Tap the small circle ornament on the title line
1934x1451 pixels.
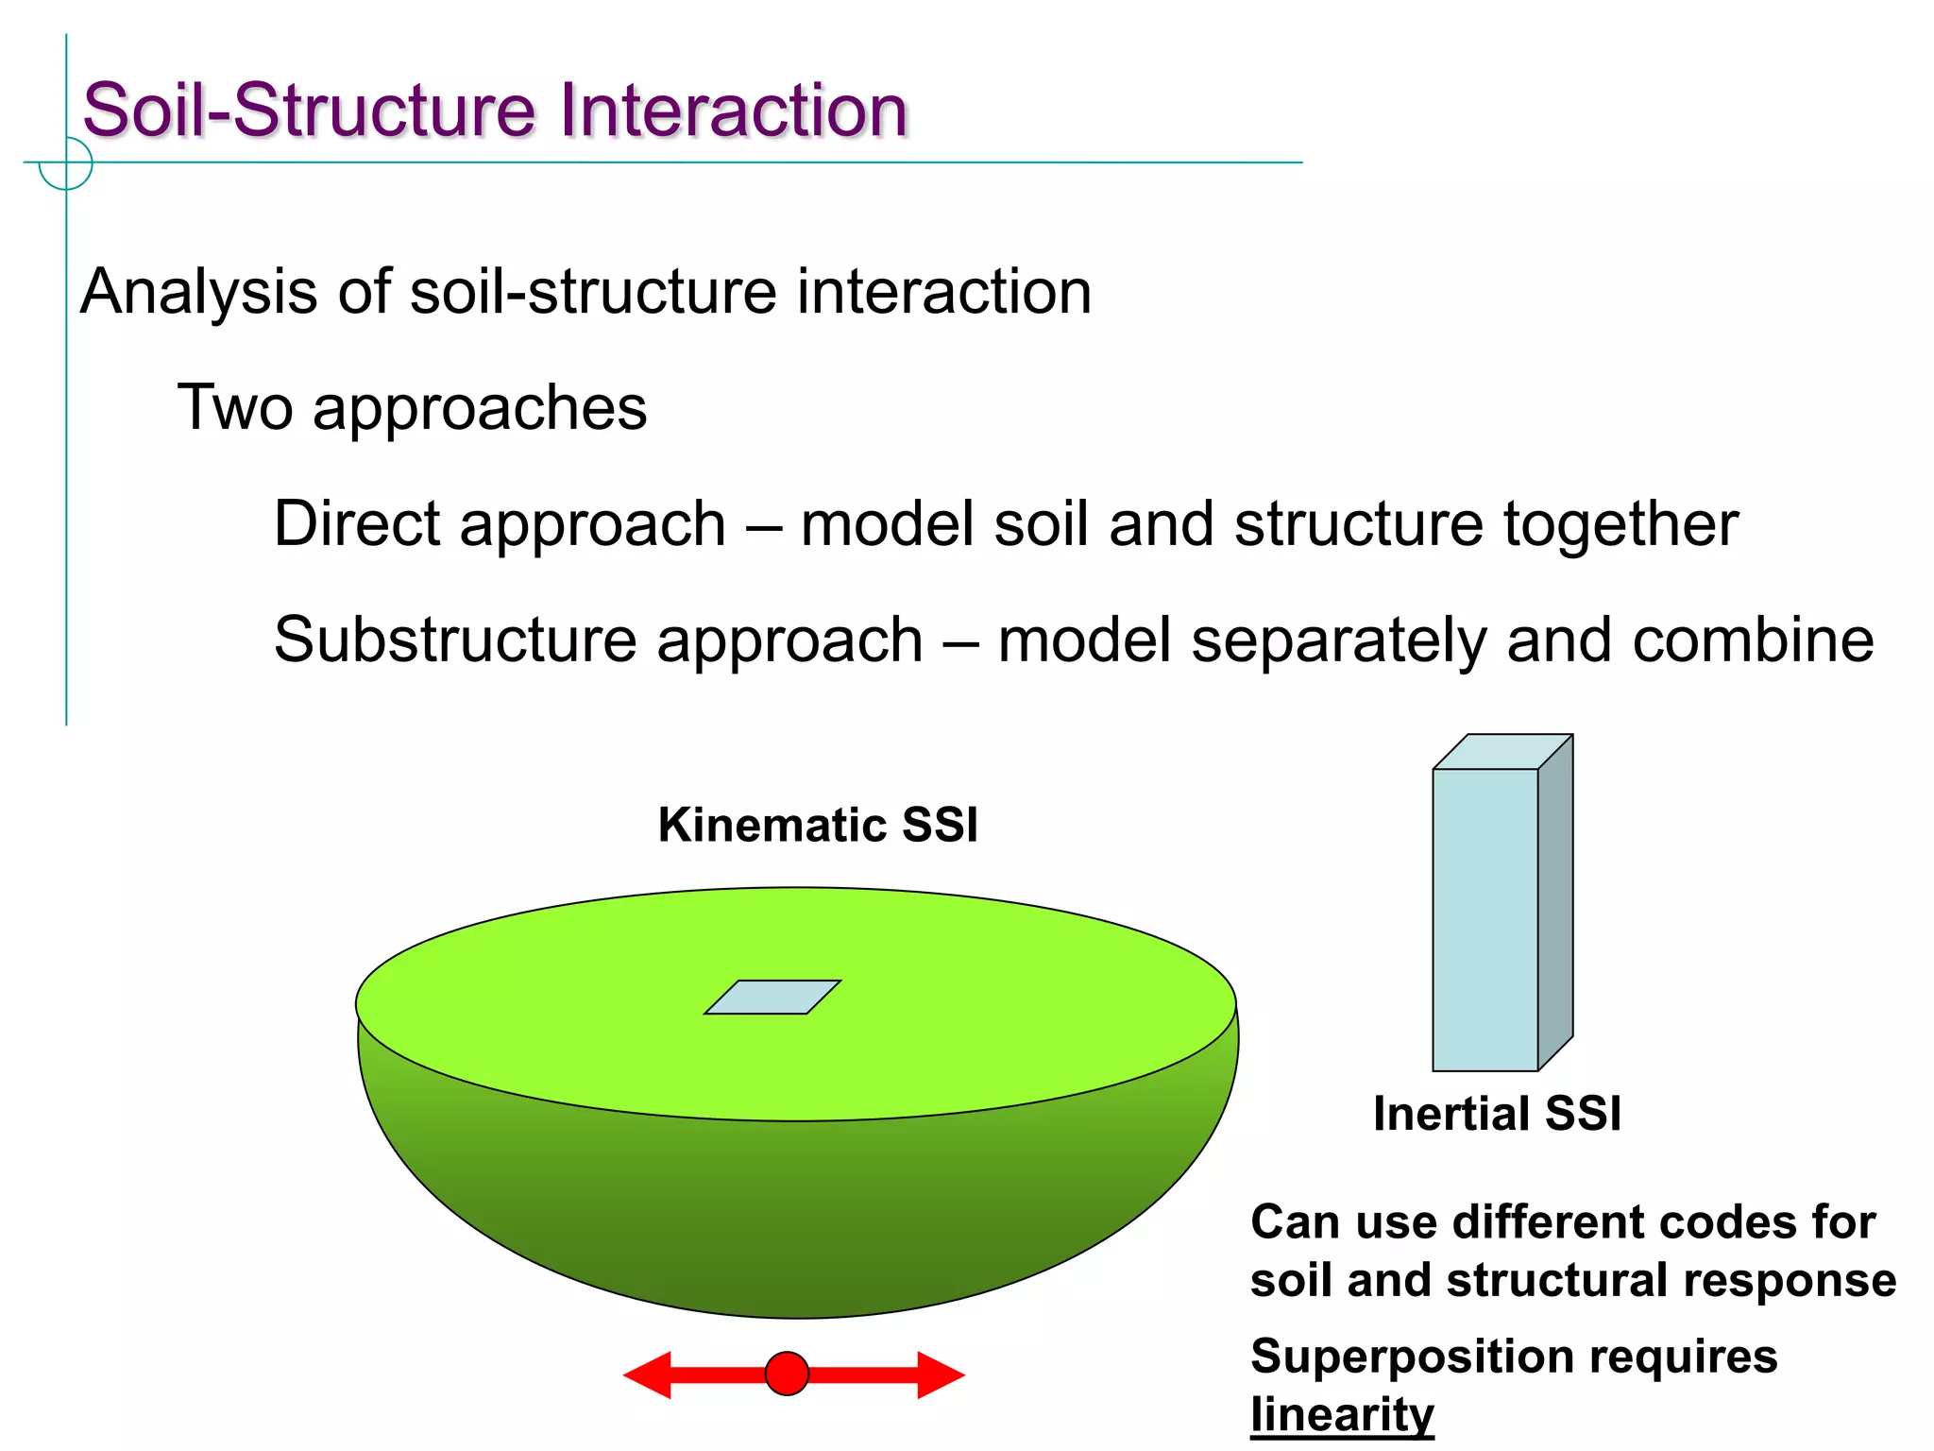(x=66, y=163)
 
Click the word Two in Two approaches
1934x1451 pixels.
(x=235, y=408)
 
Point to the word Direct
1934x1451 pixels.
(x=356, y=524)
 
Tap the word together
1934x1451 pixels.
(x=1620, y=524)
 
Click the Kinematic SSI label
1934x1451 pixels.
(x=818, y=825)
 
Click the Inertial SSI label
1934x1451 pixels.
(x=1497, y=1114)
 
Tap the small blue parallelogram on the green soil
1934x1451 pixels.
(x=772, y=998)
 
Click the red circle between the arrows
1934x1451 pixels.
(x=787, y=1374)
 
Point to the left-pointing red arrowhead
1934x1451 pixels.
(x=649, y=1374)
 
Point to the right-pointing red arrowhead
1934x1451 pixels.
(x=940, y=1374)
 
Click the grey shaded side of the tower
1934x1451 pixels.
(x=1555, y=902)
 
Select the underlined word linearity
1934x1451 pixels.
(x=1342, y=1415)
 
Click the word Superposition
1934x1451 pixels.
(x=1412, y=1357)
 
